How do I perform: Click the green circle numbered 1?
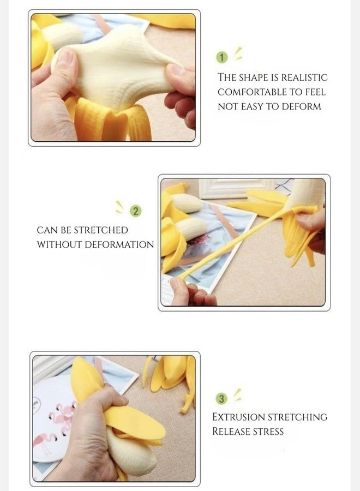(x=222, y=58)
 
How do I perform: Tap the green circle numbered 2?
(x=136, y=211)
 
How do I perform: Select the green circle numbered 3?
(x=221, y=399)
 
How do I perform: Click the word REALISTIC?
(x=304, y=77)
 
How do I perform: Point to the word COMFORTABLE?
(x=252, y=92)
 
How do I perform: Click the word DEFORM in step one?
(x=301, y=106)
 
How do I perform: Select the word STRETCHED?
(x=101, y=230)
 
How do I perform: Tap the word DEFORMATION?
(x=119, y=244)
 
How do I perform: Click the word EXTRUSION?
(x=238, y=417)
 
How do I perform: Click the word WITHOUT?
(x=59, y=244)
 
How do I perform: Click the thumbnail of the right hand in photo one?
(x=177, y=69)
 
